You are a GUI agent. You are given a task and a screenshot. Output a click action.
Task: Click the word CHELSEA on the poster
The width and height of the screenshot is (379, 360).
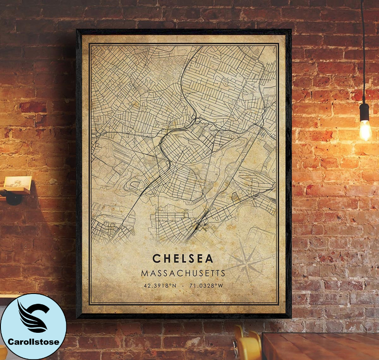click(x=183, y=259)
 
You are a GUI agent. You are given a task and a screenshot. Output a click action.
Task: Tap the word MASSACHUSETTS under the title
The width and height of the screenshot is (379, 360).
click(x=183, y=272)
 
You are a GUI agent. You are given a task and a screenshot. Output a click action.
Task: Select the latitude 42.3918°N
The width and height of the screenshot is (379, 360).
click(x=161, y=285)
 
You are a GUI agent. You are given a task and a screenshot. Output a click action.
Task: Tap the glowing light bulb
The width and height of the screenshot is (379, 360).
click(x=365, y=129)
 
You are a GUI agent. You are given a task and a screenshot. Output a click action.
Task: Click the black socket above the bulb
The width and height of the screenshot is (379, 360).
click(x=364, y=111)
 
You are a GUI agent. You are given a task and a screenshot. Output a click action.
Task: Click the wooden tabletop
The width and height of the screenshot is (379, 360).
click(x=321, y=346)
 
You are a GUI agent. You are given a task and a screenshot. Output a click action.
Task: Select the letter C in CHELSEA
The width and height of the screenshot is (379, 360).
click(x=157, y=259)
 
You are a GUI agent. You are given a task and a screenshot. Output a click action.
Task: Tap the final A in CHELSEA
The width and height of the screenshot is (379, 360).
click(x=209, y=259)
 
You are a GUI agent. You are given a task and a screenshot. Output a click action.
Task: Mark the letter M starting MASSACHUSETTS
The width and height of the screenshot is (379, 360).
click(x=144, y=272)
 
